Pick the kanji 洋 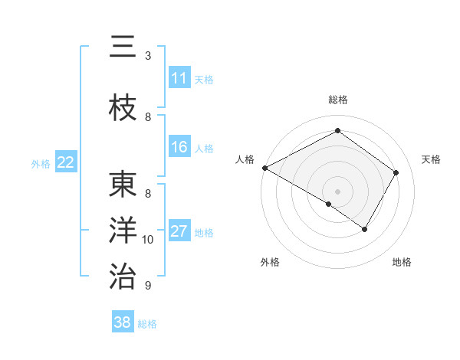point(123,231)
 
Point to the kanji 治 point(123,275)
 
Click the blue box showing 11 point(179,78)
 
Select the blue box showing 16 point(179,148)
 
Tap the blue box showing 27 point(179,232)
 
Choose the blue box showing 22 point(66,162)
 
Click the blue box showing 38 point(123,322)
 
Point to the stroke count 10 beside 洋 point(148,240)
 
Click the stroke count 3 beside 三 point(148,56)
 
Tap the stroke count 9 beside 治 point(148,286)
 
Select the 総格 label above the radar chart point(337,100)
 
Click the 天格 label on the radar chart point(432,159)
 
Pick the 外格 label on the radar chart point(270,263)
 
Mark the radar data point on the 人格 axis point(264,168)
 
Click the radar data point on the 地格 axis point(365,229)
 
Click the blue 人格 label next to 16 point(204,149)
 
